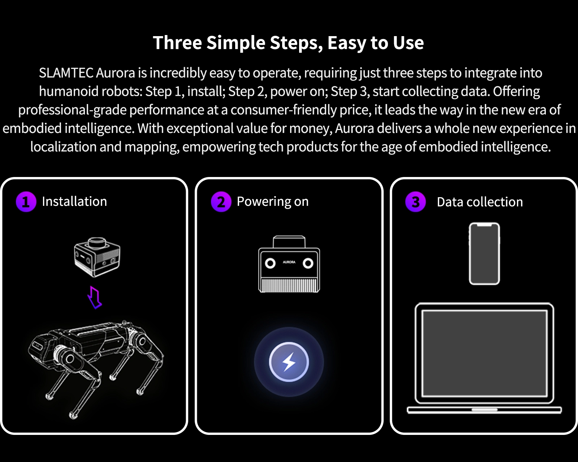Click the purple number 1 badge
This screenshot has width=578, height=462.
click(x=26, y=202)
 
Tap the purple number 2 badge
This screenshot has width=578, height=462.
click(x=221, y=202)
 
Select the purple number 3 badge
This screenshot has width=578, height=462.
click(x=415, y=202)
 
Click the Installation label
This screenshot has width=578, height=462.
click(x=74, y=201)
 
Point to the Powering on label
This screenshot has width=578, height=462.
click(x=273, y=202)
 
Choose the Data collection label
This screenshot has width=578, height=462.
click(x=480, y=202)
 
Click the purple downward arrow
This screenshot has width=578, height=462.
click(x=95, y=297)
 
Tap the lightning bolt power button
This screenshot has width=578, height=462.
click(x=289, y=362)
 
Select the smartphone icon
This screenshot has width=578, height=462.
click(x=484, y=254)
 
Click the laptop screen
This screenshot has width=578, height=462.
click(x=484, y=353)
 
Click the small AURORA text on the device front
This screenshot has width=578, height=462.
click(x=289, y=262)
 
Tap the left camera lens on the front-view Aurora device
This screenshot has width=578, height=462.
click(x=270, y=263)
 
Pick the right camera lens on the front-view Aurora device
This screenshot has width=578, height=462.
click(x=308, y=263)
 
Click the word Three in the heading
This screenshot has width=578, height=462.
click(x=177, y=42)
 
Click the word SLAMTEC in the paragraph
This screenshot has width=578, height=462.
click(x=66, y=73)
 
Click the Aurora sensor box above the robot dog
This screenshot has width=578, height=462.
click(x=97, y=257)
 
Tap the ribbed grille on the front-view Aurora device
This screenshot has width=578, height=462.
click(x=289, y=285)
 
